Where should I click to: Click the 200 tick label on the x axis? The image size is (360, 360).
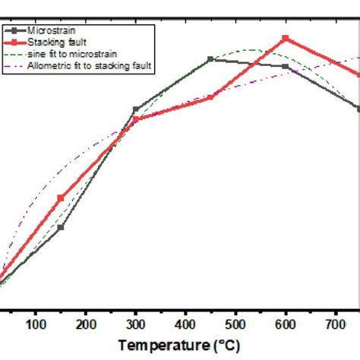pyautogui.click(x=86, y=325)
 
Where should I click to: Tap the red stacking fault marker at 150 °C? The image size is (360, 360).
pyautogui.click(x=61, y=198)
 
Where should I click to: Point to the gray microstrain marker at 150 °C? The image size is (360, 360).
pyautogui.click(x=61, y=227)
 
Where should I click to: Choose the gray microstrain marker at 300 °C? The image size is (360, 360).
pyautogui.click(x=136, y=110)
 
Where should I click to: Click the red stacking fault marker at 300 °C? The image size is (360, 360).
pyautogui.click(x=136, y=119)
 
